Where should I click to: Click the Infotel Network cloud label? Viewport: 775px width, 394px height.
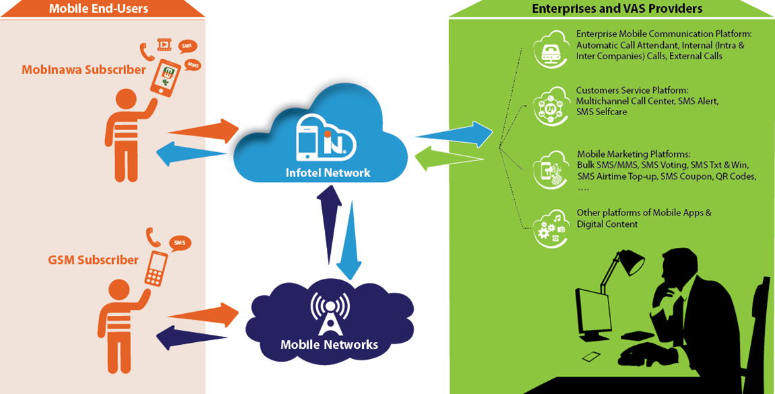point(328,172)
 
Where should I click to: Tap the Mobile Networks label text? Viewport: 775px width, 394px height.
point(329,344)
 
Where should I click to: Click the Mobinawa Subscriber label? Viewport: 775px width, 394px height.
point(84,69)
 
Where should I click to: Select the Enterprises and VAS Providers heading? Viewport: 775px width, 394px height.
point(617,9)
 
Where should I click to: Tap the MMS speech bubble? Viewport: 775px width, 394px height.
point(193,65)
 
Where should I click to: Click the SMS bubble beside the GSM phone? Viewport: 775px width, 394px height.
point(179,242)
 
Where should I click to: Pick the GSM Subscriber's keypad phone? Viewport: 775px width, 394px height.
point(156,267)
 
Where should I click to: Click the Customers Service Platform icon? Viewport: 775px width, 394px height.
point(548,106)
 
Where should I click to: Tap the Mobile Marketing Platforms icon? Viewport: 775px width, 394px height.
point(548,168)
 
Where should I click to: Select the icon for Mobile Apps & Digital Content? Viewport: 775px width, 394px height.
point(548,227)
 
